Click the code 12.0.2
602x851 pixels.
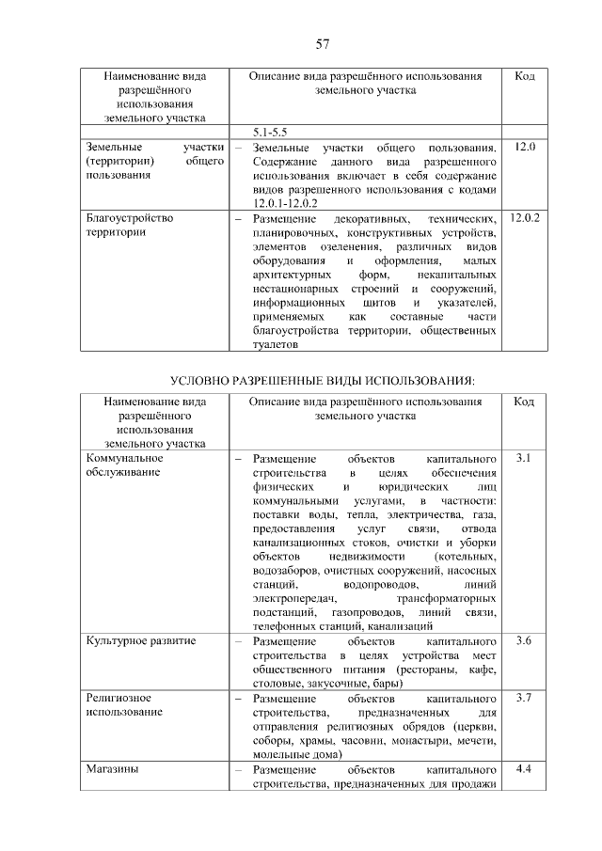[x=525, y=217]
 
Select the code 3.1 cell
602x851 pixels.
[x=525, y=459]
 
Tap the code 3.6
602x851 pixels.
[x=525, y=641]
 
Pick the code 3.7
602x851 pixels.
[x=525, y=700]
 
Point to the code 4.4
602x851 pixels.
[x=525, y=770]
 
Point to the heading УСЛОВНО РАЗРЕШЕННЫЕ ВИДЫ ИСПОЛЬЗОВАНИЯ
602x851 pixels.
[x=322, y=381]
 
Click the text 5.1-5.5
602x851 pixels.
[x=271, y=133]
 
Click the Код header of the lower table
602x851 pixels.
[x=525, y=402]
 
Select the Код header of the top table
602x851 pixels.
[x=525, y=75]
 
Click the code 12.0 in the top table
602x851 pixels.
[x=525, y=148]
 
